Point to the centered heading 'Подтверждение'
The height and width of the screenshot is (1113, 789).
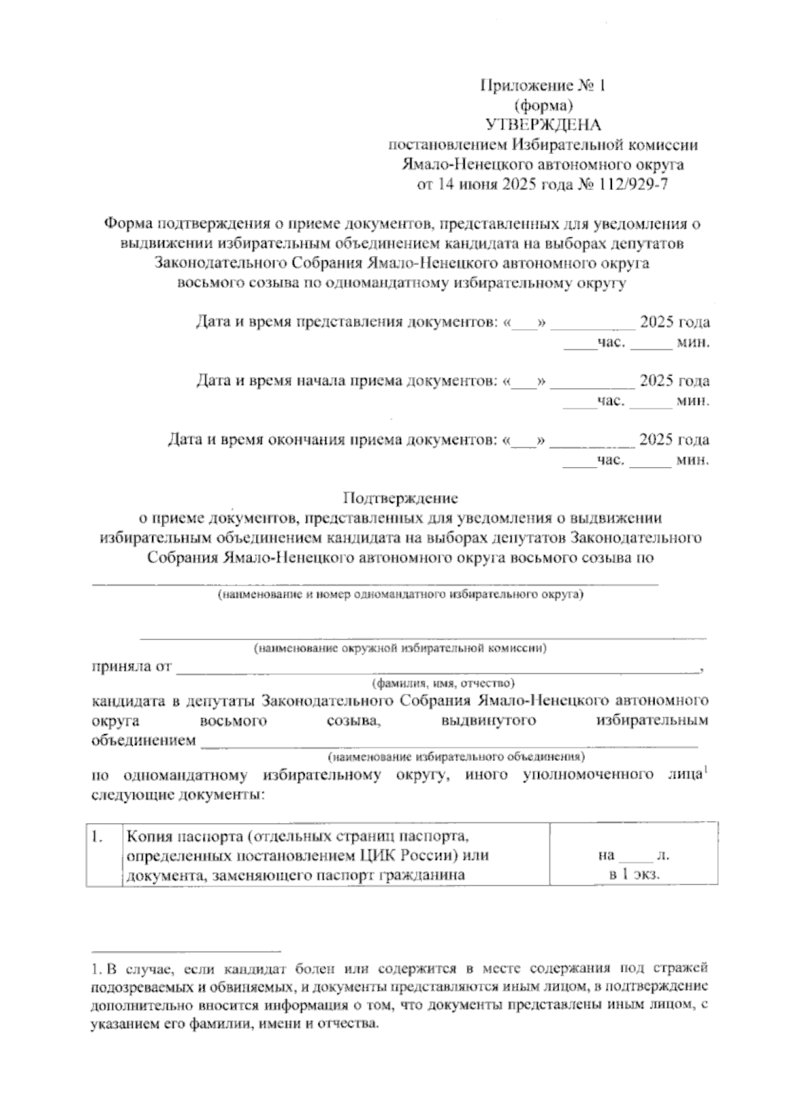coord(400,497)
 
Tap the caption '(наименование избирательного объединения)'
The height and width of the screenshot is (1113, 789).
coord(456,756)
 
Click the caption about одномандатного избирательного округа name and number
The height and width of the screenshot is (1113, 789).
coord(400,595)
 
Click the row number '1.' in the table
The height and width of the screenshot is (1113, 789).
coord(99,836)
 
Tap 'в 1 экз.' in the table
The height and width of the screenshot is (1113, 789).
coord(634,874)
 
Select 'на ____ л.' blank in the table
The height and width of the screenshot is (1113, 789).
coord(634,856)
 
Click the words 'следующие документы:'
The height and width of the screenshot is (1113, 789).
coord(178,795)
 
